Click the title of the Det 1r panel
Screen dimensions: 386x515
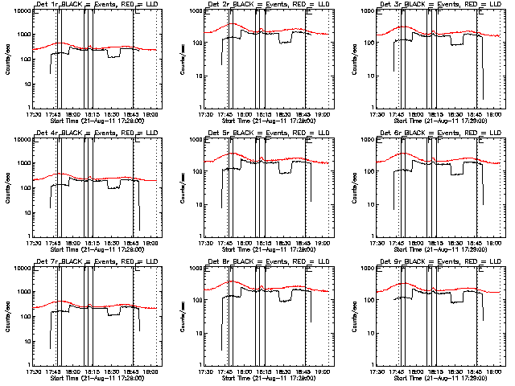89,6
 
